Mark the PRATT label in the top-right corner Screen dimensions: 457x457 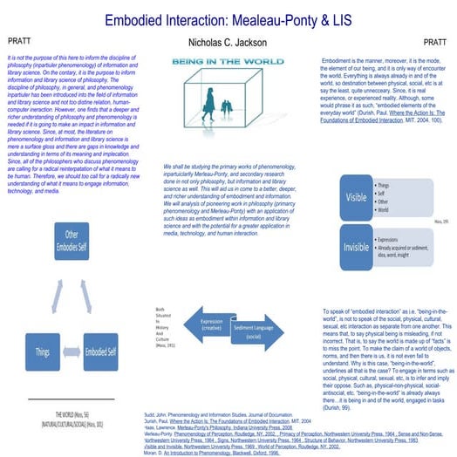pos(434,41)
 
